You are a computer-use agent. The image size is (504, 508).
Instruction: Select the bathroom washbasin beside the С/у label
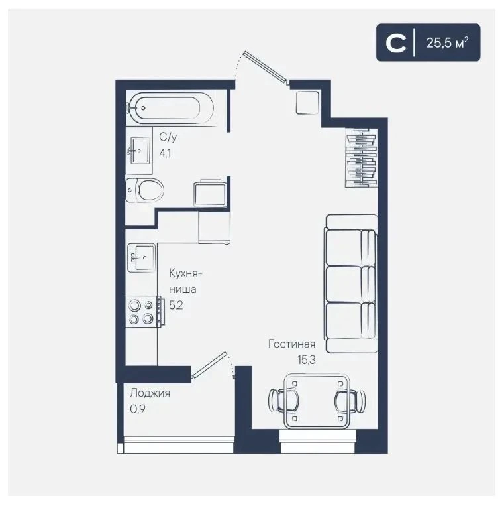point(140,151)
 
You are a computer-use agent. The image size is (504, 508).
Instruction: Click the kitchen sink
point(141,257)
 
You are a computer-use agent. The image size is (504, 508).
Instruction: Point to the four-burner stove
point(144,312)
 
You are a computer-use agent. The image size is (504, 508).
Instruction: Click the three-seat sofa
point(351,284)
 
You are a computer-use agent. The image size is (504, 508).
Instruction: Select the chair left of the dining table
point(283,401)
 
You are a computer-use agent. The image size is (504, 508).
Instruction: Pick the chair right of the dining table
point(350,401)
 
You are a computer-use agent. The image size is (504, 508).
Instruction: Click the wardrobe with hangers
point(362,158)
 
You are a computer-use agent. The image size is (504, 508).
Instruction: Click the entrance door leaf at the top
point(266,67)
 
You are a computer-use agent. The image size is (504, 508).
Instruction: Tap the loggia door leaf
point(210,365)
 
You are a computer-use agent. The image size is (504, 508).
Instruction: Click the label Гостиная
point(292,344)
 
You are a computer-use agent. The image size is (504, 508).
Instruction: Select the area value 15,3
point(307,360)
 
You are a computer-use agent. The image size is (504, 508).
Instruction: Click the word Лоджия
point(150,393)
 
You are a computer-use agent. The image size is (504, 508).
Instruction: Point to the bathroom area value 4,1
point(165,153)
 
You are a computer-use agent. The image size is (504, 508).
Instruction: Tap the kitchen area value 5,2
point(176,305)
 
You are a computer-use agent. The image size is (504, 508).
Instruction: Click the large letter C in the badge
point(396,42)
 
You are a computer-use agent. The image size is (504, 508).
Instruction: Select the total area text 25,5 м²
point(448,42)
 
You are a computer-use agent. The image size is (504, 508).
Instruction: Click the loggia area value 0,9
point(138,409)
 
